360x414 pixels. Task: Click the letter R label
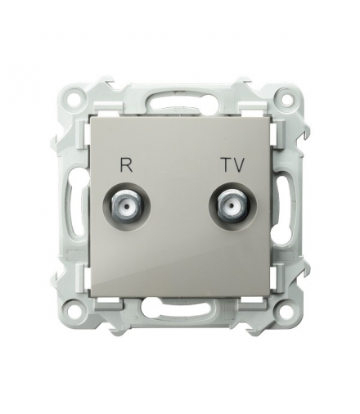(127, 165)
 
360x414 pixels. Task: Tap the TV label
(233, 165)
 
